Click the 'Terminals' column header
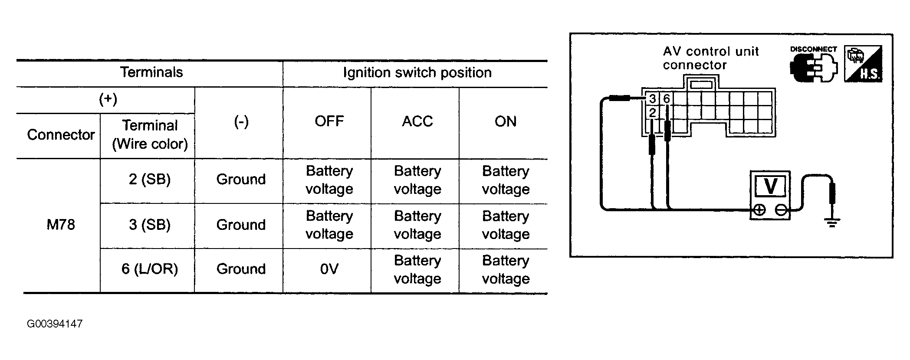(151, 72)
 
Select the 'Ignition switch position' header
(417, 72)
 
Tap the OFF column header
(329, 121)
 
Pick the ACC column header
(417, 121)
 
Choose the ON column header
(506, 121)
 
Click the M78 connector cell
(61, 225)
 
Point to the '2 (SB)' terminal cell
(150, 179)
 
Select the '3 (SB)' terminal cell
(150, 225)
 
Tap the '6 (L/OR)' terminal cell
(150, 269)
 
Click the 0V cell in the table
(329, 269)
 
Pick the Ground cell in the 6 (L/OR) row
(241, 269)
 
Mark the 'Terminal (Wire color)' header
(150, 134)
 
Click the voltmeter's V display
(770, 187)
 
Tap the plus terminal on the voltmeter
(759, 210)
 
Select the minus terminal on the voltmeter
(781, 210)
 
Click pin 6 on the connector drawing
(667, 99)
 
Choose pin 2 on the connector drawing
(652, 113)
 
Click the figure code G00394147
(55, 324)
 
